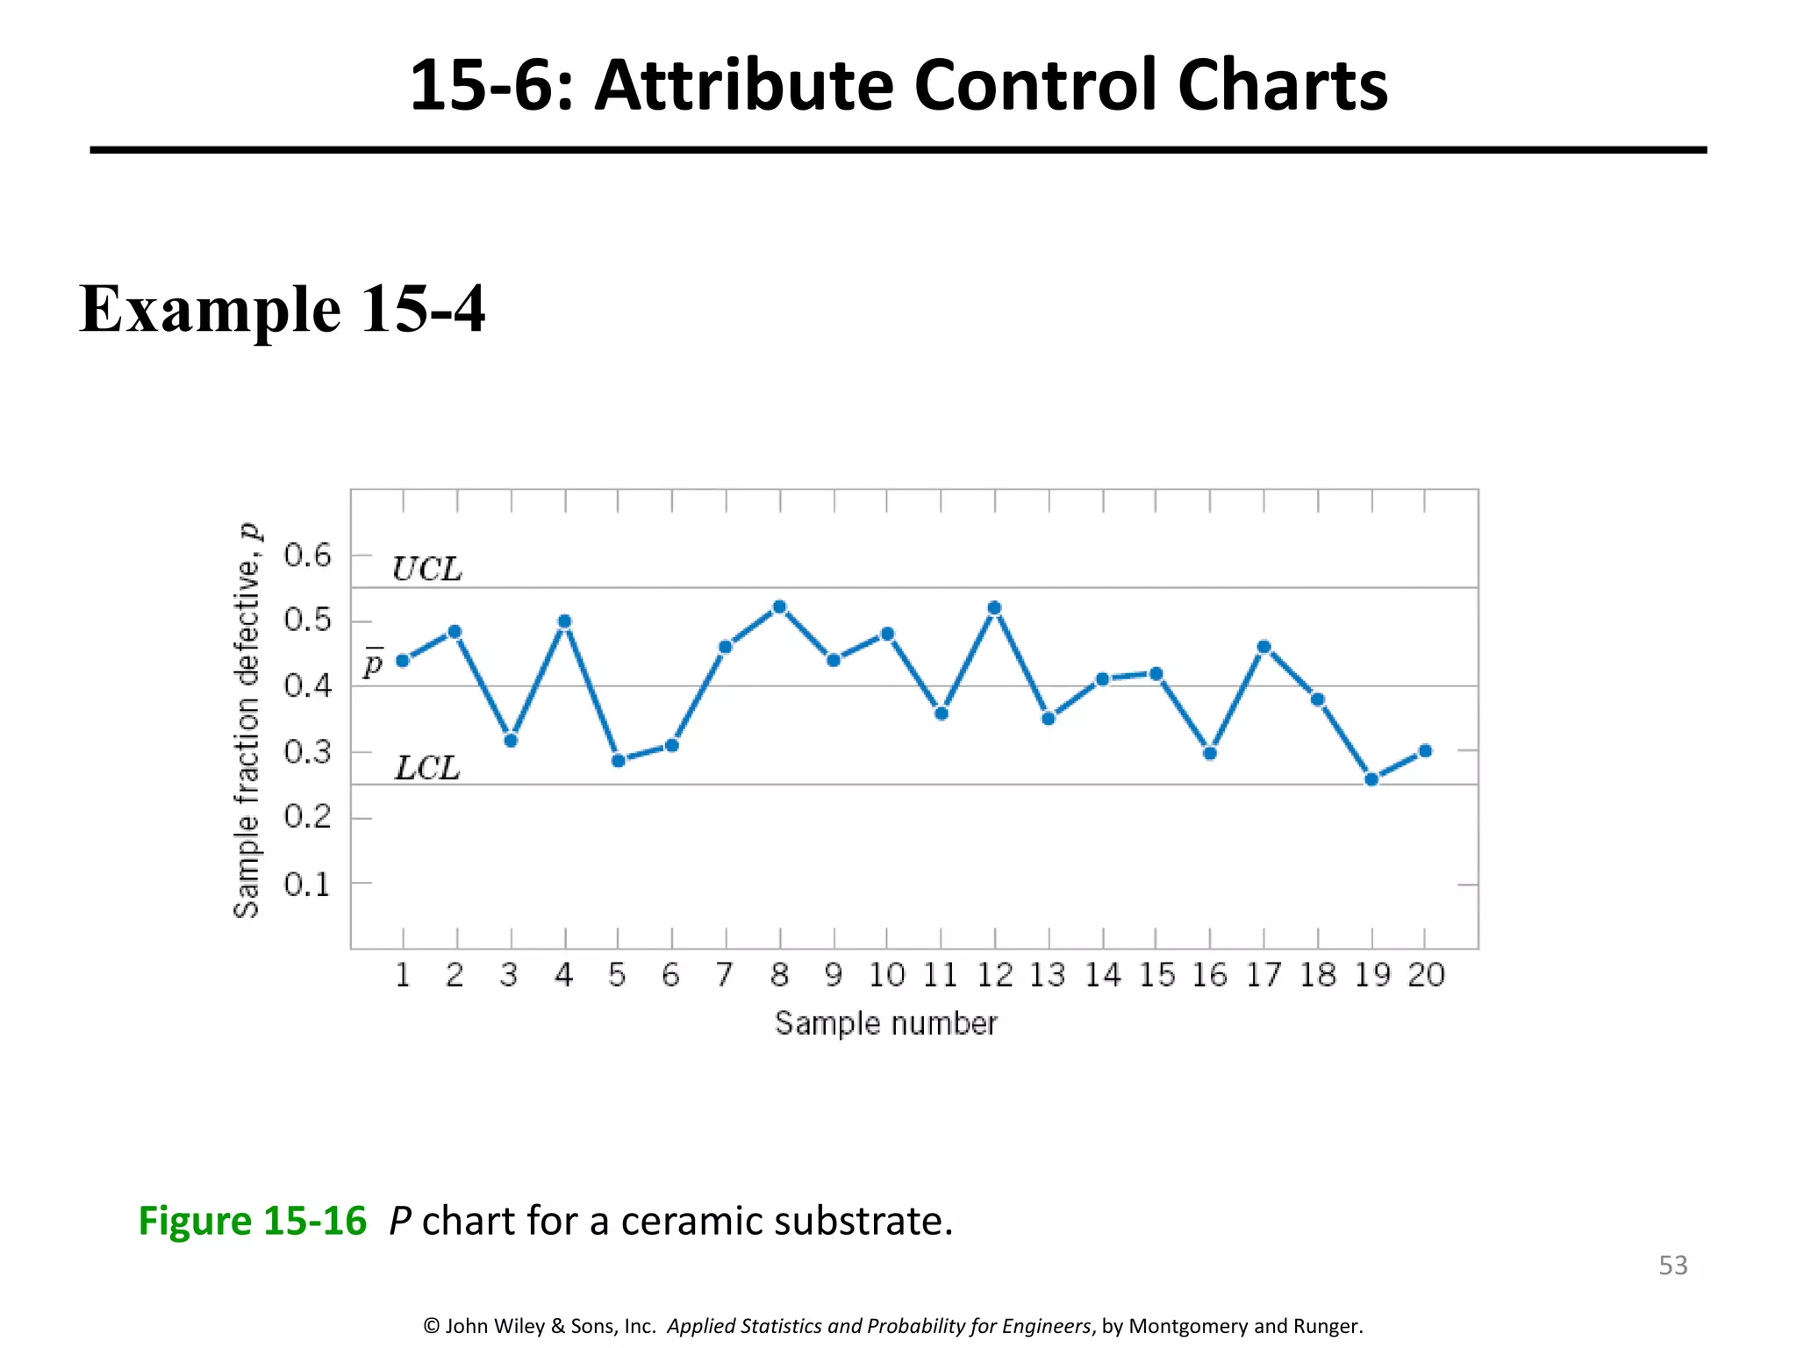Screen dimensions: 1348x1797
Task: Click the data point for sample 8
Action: point(780,606)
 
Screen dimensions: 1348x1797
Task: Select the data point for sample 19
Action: point(1372,779)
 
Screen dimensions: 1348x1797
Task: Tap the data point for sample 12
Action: point(994,607)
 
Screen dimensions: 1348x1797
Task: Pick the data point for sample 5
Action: point(618,760)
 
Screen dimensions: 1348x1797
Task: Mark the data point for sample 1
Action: point(403,660)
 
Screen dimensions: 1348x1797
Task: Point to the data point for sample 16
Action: point(1210,753)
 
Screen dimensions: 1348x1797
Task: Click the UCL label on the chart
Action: point(427,570)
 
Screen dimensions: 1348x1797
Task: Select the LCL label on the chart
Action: point(427,768)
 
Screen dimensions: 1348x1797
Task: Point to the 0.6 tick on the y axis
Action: point(308,555)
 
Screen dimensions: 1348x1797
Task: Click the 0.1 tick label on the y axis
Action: point(308,884)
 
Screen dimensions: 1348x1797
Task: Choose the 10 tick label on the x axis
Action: point(887,975)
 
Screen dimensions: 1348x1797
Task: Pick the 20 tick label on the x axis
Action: point(1426,975)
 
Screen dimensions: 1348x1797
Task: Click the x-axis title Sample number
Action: point(886,1023)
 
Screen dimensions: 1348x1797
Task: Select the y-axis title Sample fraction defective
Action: point(247,720)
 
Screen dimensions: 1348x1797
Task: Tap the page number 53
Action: point(1673,1265)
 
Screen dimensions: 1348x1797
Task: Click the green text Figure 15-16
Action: point(253,1221)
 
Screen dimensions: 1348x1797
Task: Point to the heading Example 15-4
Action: point(283,309)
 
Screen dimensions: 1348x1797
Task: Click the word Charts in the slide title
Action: point(1283,85)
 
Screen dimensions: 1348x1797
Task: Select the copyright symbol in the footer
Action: point(431,1326)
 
